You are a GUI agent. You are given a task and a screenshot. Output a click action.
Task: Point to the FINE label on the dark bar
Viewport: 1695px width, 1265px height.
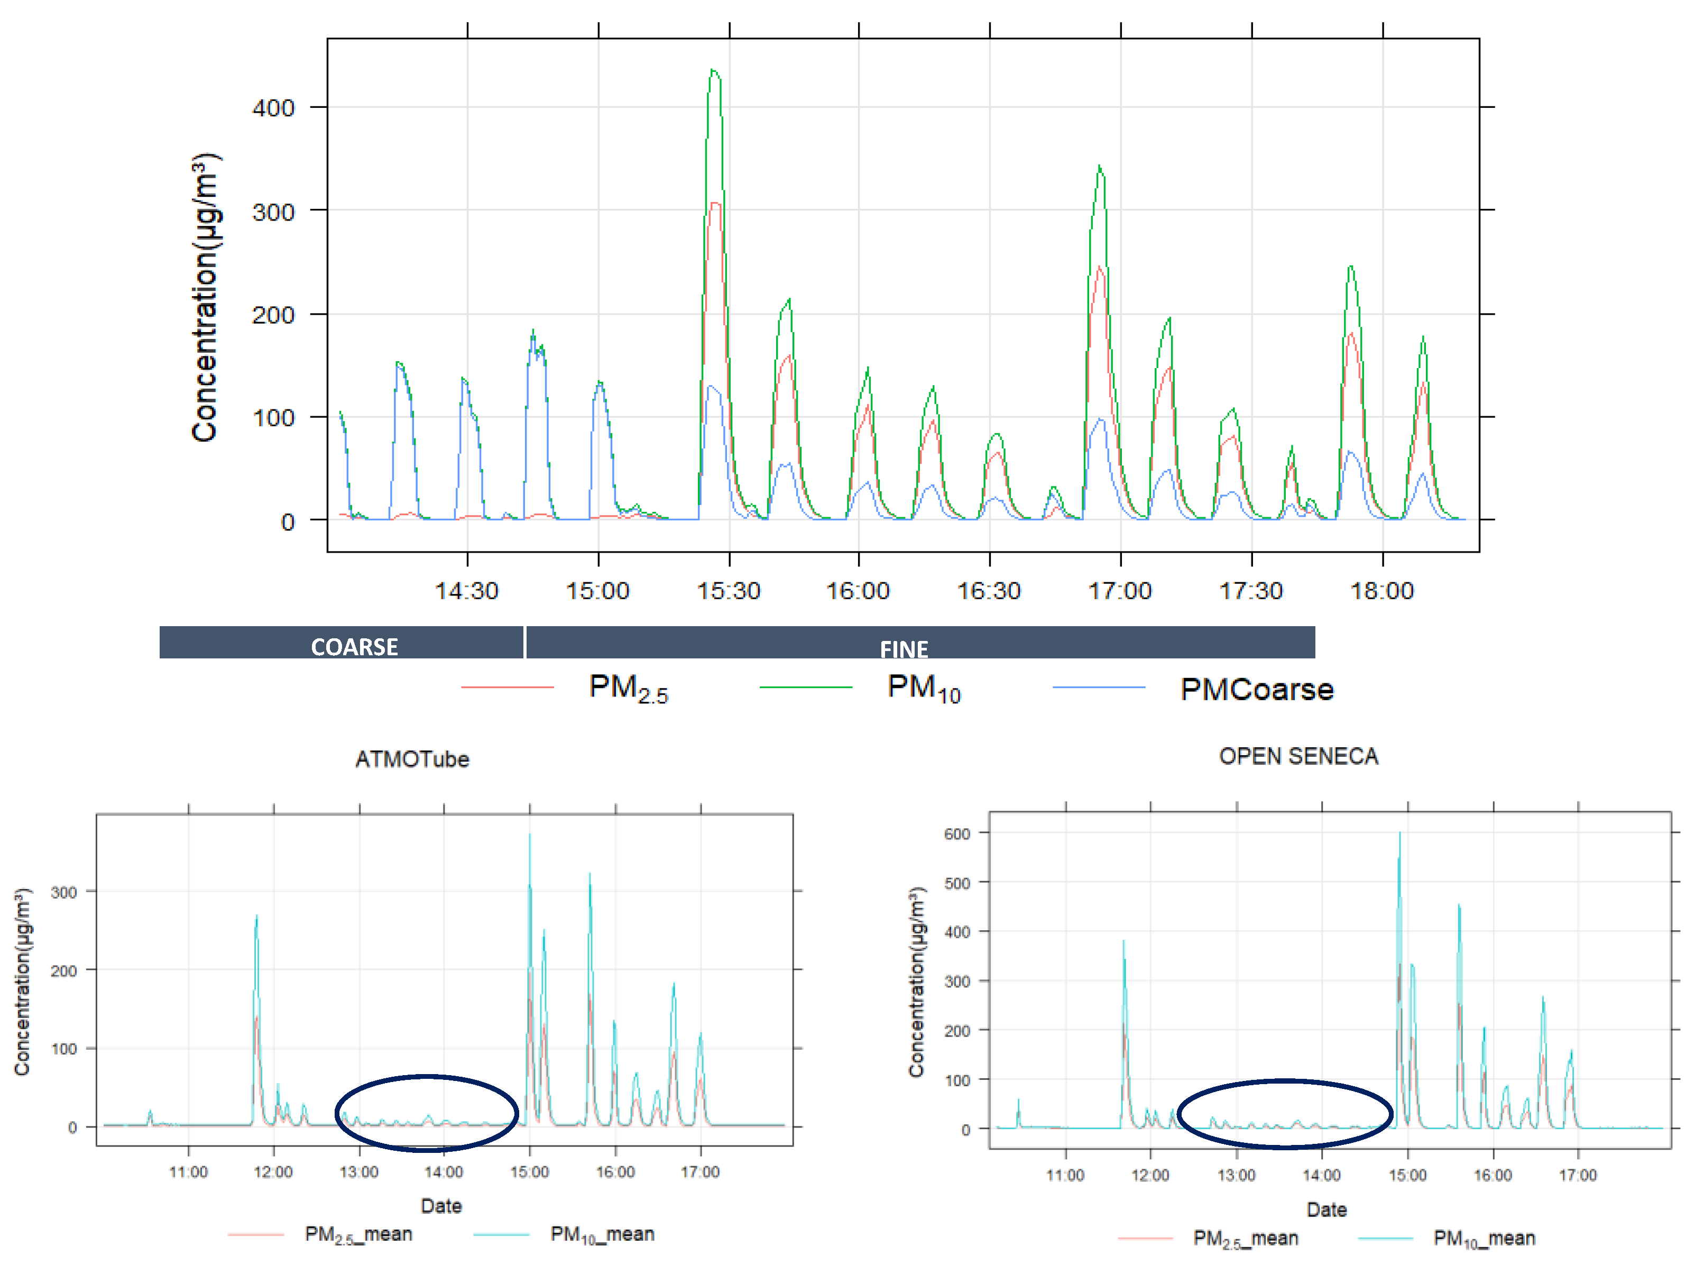(x=904, y=648)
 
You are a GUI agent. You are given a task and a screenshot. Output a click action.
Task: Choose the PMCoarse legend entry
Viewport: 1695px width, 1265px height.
(x=1256, y=689)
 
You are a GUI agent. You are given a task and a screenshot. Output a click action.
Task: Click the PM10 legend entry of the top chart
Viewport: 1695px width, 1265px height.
(x=923, y=687)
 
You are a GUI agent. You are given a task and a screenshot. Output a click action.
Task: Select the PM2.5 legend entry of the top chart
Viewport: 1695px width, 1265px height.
(x=628, y=687)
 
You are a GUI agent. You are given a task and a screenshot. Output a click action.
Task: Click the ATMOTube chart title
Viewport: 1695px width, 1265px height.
(x=412, y=759)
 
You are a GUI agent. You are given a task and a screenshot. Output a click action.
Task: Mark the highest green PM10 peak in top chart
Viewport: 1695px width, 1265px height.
(x=714, y=71)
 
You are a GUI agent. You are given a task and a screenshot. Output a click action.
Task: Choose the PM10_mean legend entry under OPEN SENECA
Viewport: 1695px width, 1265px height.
(x=1483, y=1238)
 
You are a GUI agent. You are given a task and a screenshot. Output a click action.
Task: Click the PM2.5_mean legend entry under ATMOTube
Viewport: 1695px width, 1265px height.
(x=357, y=1234)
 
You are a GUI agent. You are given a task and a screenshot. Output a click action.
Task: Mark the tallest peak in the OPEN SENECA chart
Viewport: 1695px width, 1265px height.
(x=1399, y=835)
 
